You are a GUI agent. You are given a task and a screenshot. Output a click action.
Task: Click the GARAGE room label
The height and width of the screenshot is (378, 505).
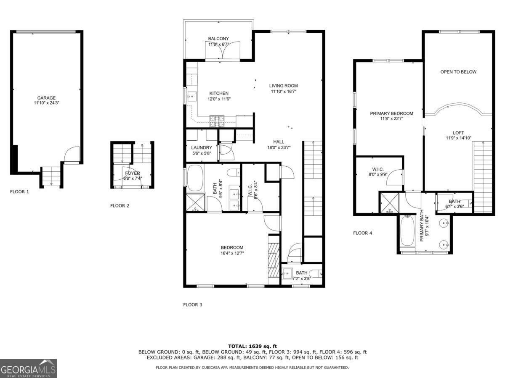coord(46,98)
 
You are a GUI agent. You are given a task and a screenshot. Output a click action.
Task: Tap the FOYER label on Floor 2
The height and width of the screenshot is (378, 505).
coord(132,173)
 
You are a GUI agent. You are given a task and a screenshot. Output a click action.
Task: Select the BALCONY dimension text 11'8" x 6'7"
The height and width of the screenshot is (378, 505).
coord(218,44)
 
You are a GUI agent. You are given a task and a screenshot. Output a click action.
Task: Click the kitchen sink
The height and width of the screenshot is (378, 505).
coord(191,97)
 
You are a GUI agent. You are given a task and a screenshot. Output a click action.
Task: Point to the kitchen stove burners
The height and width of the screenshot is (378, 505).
coord(217,121)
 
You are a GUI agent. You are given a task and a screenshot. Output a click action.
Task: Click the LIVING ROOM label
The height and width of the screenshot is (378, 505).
coord(284,86)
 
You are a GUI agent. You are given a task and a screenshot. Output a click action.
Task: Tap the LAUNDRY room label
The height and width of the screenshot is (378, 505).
coord(202,147)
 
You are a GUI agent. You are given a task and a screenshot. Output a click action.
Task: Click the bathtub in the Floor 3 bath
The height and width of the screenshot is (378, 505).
coord(195,178)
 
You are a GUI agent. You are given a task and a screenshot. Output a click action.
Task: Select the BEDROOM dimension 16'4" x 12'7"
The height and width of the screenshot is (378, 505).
coord(232,253)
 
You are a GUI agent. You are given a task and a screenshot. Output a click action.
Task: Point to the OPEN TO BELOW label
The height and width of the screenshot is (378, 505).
coord(458,72)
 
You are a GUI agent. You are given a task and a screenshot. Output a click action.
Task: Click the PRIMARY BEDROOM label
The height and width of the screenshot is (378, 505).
coord(391,113)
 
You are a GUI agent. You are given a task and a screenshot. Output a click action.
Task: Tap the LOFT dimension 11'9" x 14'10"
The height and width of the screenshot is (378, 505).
coord(459,138)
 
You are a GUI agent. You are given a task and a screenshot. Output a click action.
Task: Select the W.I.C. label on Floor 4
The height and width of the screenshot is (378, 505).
coord(377,169)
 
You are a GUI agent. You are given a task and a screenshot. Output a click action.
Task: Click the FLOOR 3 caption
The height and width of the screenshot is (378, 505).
coord(193,304)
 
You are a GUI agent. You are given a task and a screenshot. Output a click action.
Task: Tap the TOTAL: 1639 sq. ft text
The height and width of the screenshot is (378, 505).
coord(252,346)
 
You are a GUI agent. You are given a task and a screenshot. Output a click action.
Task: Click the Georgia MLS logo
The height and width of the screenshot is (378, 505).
coord(28,369)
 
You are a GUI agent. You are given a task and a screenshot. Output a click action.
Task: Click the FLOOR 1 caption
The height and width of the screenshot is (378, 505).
coord(19,192)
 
